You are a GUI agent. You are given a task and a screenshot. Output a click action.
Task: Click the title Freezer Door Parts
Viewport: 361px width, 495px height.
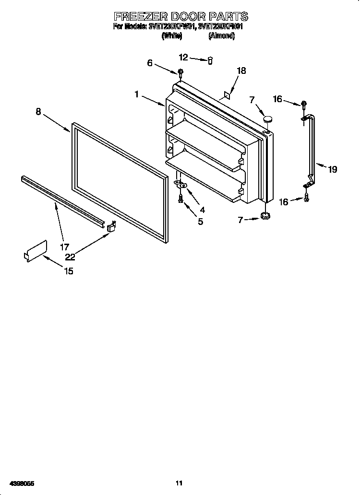[180, 16]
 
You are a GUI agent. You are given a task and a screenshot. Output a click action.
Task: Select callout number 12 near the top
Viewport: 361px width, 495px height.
[184, 57]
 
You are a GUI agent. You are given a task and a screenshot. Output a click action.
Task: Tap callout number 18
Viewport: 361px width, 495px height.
[241, 71]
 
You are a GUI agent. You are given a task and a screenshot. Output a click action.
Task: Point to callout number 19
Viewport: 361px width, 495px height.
[332, 169]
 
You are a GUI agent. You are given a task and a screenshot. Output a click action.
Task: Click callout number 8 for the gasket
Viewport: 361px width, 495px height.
[38, 111]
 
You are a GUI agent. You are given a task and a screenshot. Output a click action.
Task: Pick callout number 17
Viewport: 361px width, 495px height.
[64, 247]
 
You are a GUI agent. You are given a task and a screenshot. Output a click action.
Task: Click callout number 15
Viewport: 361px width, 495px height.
[69, 271]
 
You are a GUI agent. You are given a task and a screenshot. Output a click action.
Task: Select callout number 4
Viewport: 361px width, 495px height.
[202, 210]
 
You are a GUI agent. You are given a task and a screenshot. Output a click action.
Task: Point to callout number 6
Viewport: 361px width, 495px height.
[150, 63]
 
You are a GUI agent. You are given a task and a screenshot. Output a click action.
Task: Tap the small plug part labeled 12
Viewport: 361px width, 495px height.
[210, 60]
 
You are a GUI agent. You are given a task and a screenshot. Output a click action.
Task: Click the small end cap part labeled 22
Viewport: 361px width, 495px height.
[112, 226]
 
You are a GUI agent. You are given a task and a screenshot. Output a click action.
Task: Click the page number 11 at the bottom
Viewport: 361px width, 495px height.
[180, 483]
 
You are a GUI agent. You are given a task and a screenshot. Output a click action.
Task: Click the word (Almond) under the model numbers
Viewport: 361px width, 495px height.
[221, 35]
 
